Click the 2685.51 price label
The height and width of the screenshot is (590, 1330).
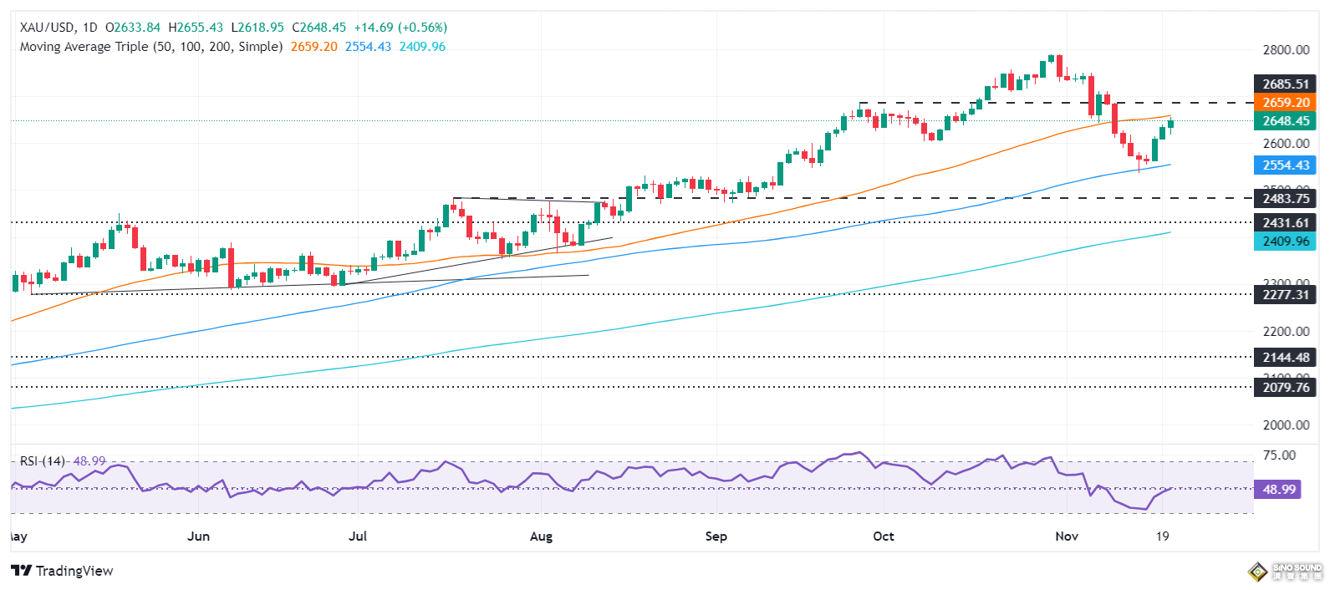[1286, 84]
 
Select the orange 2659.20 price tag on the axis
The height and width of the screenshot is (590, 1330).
[1286, 103]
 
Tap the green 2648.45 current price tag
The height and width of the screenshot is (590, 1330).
[1286, 121]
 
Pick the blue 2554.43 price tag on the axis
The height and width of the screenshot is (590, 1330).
[1286, 165]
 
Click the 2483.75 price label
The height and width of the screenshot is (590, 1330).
[1286, 199]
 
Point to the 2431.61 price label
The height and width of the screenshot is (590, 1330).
[1286, 223]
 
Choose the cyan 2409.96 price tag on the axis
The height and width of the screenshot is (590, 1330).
[1286, 242]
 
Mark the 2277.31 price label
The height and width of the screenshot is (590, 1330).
[1286, 295]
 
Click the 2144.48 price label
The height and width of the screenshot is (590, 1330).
[1286, 358]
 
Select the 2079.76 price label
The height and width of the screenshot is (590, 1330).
[1286, 388]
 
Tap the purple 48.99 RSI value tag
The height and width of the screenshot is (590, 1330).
[1278, 490]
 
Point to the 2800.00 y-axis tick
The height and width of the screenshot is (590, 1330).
[1286, 50]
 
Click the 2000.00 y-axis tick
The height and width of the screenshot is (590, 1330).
[1286, 425]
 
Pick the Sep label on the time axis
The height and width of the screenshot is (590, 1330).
[716, 537]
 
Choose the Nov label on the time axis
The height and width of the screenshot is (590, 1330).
[1067, 537]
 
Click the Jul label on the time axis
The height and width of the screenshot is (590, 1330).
[358, 537]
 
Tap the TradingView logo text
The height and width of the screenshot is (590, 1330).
[74, 571]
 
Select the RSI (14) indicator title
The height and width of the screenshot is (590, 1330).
[43, 461]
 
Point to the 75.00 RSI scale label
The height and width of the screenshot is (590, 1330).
[1279, 455]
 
